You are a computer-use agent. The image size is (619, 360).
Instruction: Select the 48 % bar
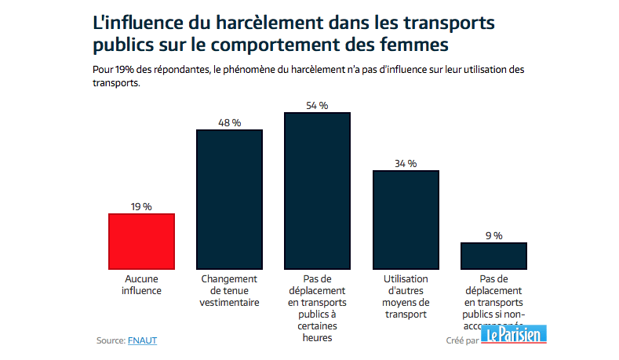(x=229, y=199)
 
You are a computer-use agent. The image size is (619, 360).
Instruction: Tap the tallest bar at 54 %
(x=317, y=191)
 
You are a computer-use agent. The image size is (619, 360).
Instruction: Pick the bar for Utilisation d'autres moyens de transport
(x=406, y=220)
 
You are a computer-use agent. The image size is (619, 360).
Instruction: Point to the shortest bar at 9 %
(x=493, y=256)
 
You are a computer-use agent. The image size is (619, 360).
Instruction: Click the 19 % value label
(x=141, y=206)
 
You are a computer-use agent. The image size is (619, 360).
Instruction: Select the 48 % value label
(x=229, y=122)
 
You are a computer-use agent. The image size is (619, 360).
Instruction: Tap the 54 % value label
(x=317, y=106)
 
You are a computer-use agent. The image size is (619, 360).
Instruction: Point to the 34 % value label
(x=406, y=163)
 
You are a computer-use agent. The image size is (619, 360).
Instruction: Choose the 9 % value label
(x=493, y=235)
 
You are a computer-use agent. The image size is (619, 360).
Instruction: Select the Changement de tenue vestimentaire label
(x=230, y=291)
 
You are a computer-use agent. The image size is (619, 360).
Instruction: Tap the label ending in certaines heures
(x=317, y=308)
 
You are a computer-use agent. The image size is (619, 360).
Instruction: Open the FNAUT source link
(x=147, y=340)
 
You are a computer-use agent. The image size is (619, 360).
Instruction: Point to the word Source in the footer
(x=109, y=340)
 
